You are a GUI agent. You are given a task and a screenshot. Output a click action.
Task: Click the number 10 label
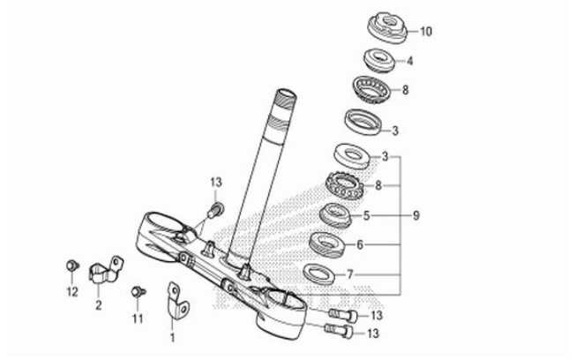(425, 33)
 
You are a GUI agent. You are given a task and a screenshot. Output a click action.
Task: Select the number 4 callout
(409, 61)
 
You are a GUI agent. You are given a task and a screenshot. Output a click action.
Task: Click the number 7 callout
(350, 274)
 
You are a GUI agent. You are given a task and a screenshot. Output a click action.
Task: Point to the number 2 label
(98, 306)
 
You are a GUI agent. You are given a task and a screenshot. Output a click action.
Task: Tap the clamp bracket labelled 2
(104, 270)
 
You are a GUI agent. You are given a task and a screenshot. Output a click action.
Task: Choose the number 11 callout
(138, 317)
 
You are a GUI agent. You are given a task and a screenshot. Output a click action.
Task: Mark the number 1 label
(173, 337)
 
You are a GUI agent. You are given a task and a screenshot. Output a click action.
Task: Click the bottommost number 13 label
(376, 334)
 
